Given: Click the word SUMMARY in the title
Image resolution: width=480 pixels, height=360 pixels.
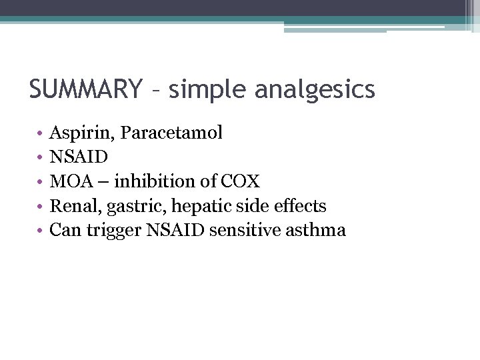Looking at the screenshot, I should coord(85,89).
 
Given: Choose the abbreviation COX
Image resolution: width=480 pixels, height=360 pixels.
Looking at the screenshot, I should coord(239,181).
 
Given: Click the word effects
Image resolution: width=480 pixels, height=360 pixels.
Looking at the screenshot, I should coord(298,206).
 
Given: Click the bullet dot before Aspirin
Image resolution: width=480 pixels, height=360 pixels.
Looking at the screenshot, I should coord(41,134).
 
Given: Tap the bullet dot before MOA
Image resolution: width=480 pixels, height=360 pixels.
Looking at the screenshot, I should coord(41,183).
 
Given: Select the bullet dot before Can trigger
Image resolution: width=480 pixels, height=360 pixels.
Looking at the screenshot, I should coord(41,232).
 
